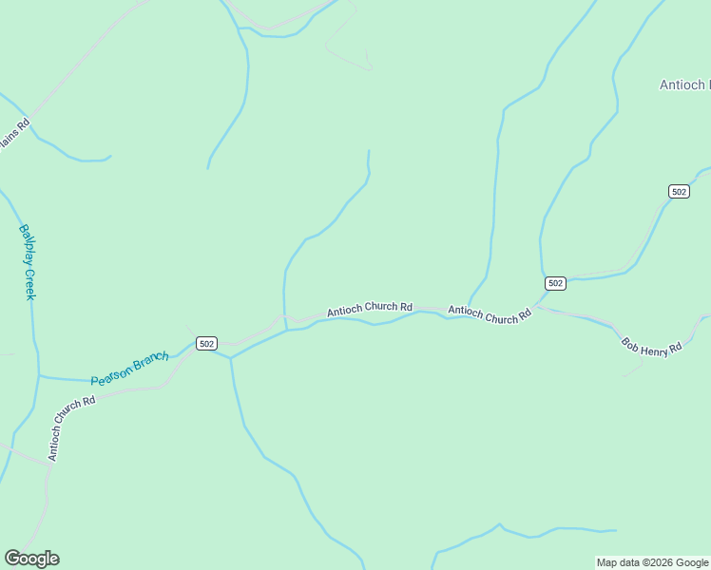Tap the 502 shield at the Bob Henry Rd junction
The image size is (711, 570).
[x=556, y=283]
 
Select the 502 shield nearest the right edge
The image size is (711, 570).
[x=679, y=191]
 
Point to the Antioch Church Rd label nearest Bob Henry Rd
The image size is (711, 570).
[x=489, y=314]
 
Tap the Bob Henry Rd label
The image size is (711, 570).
[x=652, y=346]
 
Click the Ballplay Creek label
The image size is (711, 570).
[x=28, y=262]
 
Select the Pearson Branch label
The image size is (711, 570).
[x=130, y=369]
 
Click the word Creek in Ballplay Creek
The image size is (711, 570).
[x=29, y=284]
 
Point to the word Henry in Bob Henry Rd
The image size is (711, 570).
[x=655, y=348]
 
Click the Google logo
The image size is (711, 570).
[x=31, y=559]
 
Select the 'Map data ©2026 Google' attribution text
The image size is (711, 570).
[x=652, y=562]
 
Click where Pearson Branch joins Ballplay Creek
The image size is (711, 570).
[x=39, y=376]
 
